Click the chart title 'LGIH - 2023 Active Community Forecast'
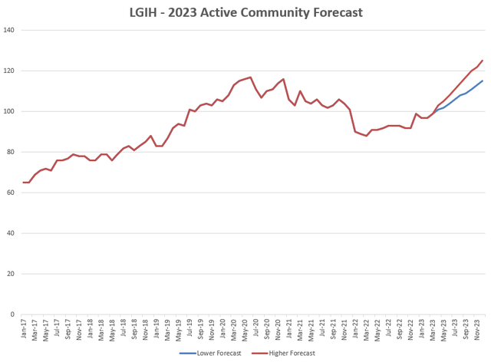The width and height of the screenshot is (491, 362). [x=245, y=12]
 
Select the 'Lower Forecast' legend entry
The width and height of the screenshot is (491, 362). [x=216, y=354]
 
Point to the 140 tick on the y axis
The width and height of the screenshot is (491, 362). [x=12, y=31]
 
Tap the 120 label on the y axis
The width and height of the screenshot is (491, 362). [x=12, y=71]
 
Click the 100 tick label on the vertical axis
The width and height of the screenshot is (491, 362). [x=12, y=112]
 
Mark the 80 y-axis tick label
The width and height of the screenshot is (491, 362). [x=13, y=152]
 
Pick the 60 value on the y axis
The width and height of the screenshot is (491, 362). [x=13, y=193]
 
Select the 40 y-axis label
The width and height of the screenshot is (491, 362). [x=13, y=233]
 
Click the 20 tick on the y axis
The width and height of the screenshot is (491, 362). [x=13, y=274]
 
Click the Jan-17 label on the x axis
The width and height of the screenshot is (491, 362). [x=25, y=330]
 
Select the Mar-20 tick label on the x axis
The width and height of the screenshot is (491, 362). [x=234, y=330]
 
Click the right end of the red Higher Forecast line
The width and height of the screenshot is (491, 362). [x=483, y=61]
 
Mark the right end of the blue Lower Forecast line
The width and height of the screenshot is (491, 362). [x=483, y=81]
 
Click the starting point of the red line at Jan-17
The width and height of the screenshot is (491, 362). [x=24, y=183]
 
